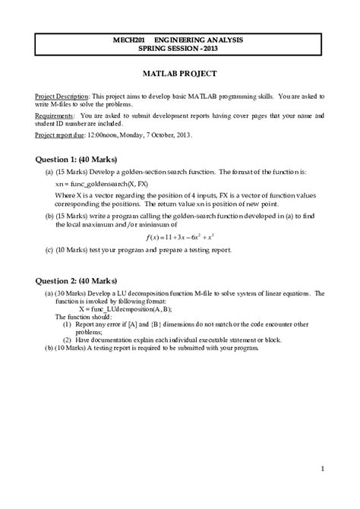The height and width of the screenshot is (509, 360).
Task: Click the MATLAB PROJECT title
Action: click(x=180, y=74)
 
